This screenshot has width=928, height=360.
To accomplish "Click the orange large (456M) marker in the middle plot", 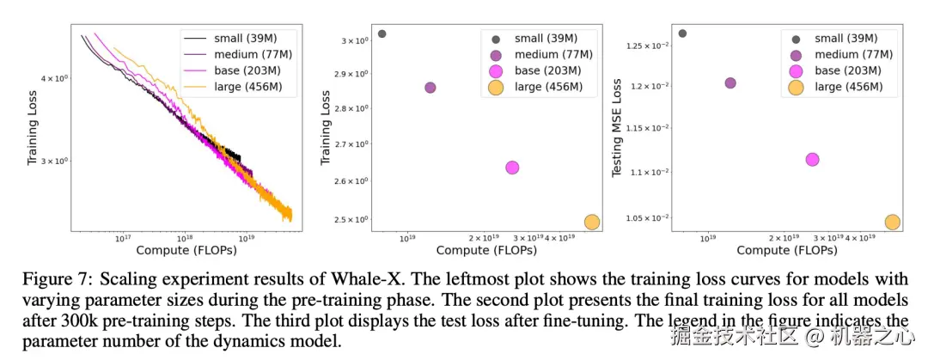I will (x=592, y=222).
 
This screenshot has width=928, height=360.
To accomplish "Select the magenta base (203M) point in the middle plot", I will (x=512, y=168).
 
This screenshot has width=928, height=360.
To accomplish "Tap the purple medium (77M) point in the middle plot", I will (x=430, y=88).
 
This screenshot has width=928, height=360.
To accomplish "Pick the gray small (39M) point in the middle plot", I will (x=382, y=34).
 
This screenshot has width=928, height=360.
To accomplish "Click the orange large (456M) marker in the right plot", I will (x=893, y=222).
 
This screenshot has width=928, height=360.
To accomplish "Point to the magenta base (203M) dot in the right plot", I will (x=812, y=159).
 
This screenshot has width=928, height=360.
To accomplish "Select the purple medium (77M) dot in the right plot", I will (x=730, y=83).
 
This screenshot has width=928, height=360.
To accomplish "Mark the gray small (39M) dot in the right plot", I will (x=682, y=34).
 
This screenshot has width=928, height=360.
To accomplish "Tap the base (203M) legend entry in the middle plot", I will (x=548, y=70).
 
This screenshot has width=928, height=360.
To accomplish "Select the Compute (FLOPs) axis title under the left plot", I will (x=186, y=250).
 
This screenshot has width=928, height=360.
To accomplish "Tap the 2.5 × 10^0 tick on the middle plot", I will (x=354, y=220).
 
